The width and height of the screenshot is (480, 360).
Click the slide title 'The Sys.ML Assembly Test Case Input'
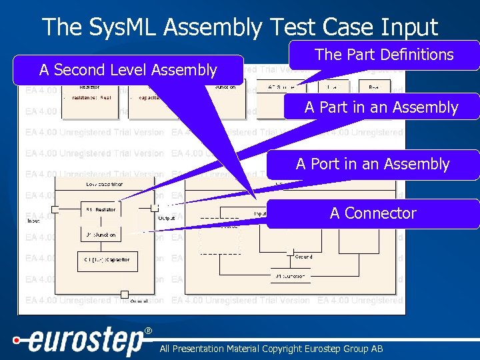tap(240, 27)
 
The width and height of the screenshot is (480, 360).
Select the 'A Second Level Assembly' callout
tap(128, 70)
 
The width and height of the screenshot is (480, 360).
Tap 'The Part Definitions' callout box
tap(384, 55)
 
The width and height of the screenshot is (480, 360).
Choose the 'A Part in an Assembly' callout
tap(381, 107)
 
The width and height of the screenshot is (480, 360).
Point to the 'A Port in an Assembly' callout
tap(373, 164)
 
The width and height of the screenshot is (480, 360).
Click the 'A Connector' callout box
tap(373, 213)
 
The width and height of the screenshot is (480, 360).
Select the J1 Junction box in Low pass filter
tap(100, 235)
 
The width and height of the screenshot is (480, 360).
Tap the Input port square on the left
tap(55, 209)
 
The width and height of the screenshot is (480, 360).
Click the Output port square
tap(155, 208)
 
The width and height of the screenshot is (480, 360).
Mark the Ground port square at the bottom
tap(124, 294)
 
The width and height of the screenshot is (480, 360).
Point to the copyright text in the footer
tap(271, 349)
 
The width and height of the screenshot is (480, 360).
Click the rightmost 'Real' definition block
tap(375, 87)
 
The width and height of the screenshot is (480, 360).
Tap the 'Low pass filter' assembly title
tap(104, 183)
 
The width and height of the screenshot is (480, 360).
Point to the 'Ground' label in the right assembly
tap(303, 257)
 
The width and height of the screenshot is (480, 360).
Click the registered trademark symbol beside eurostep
tap(148, 331)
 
